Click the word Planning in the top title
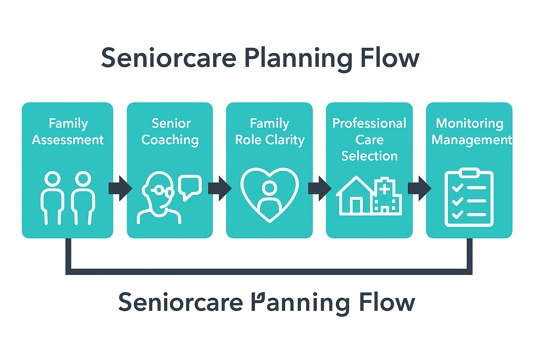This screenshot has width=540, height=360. click(298, 58)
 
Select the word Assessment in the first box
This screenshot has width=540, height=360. click(68, 140)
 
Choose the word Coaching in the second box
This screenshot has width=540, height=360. click(170, 140)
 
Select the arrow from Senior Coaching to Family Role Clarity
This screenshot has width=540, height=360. click(220, 188)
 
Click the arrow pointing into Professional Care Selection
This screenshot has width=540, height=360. click(320, 188)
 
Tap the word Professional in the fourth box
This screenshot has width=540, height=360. click(369, 123)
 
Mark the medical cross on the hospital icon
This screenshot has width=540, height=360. click(385, 189)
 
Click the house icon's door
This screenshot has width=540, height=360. click(356, 206)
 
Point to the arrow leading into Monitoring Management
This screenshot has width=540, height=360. click(419, 188)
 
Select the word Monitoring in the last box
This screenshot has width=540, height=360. click(469, 123)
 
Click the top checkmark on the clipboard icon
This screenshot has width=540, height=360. click(457, 188)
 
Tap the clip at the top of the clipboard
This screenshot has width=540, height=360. click(469, 173)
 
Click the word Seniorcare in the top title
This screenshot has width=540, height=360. click(169, 58)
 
